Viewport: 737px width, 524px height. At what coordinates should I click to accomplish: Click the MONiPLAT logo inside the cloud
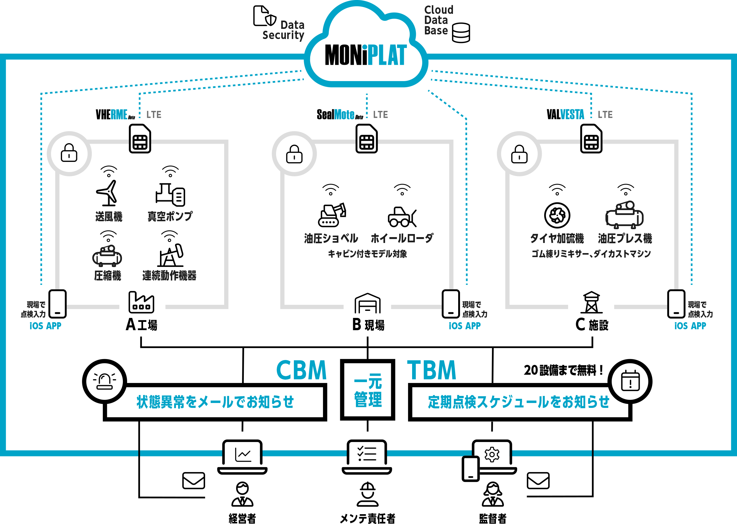click(365, 55)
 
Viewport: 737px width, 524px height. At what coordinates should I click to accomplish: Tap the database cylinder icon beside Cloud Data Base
click(461, 33)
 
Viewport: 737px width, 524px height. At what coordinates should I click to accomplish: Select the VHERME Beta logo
click(115, 115)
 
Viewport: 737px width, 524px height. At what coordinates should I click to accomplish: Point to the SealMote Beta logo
click(339, 115)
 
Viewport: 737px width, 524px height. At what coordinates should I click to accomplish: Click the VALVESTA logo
click(565, 115)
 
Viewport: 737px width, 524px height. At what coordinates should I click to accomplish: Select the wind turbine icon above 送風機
click(108, 193)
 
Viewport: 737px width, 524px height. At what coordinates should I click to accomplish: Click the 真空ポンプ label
click(170, 216)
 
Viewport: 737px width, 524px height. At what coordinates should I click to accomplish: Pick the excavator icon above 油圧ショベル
click(331, 215)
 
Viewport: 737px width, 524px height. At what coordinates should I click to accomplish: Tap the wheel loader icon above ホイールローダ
click(402, 217)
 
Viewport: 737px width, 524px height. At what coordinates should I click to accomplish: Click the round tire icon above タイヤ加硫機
click(557, 215)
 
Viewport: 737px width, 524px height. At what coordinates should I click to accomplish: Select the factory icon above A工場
click(141, 303)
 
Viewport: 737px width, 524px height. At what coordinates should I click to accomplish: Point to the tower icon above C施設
click(591, 303)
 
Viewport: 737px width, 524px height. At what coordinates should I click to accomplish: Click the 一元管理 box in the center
click(367, 390)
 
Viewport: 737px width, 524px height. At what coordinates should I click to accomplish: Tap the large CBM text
click(301, 370)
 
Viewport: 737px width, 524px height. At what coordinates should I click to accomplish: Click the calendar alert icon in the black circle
click(630, 381)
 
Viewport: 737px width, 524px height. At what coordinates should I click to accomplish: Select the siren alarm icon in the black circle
click(104, 381)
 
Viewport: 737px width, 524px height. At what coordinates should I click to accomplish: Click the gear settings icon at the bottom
click(492, 454)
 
